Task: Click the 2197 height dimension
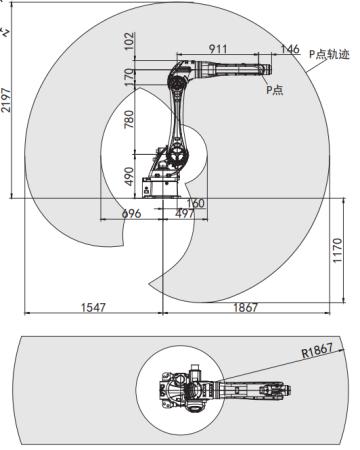6,100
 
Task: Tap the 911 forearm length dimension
218,49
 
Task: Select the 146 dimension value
290,49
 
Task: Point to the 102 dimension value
130,41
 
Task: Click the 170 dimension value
130,77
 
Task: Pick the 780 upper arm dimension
129,119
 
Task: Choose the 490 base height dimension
129,176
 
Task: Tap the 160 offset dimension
196,203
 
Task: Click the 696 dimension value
131,213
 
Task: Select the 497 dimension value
185,213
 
